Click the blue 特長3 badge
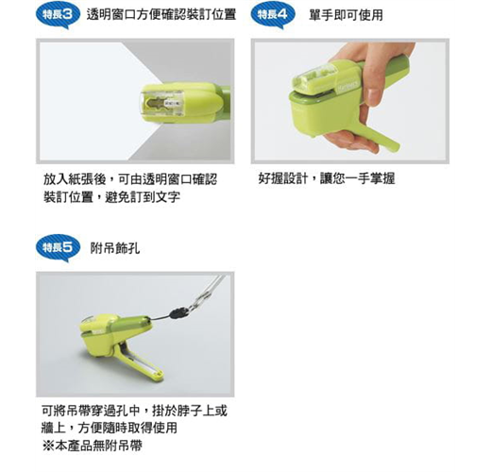point(58,16)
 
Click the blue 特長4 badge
point(272,16)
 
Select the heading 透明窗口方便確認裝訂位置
point(161,14)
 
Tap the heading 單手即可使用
point(346,14)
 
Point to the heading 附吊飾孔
point(115,248)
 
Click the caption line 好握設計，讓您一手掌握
point(327,178)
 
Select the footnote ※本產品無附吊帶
point(92,446)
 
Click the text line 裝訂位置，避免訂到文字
point(111,197)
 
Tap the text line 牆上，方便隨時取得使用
point(110,428)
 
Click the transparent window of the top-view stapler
point(161,104)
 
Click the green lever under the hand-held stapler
point(379,134)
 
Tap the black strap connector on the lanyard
point(178,312)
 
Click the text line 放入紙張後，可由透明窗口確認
point(130,179)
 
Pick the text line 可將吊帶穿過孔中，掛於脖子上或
point(134,411)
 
